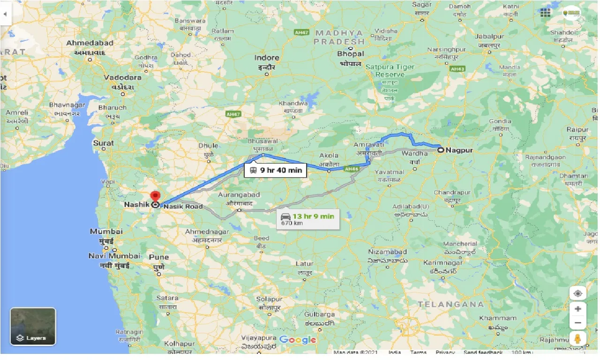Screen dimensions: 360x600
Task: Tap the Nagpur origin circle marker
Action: point(441,150)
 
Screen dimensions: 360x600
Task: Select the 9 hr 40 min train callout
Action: point(275,170)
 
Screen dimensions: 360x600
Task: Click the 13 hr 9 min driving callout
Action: point(308,218)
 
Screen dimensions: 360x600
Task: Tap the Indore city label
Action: point(266,58)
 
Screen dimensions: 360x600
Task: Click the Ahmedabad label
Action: point(90,43)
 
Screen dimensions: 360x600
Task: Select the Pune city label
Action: point(159,257)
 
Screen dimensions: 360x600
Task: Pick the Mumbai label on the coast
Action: point(106,232)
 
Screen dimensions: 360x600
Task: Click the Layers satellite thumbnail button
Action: point(33,326)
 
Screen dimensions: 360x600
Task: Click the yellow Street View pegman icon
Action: point(578,338)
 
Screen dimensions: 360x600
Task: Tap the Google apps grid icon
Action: point(545,13)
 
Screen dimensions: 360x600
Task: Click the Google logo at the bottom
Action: point(298,340)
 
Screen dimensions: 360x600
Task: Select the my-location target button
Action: point(578,293)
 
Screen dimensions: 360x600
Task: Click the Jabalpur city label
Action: point(489,37)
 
